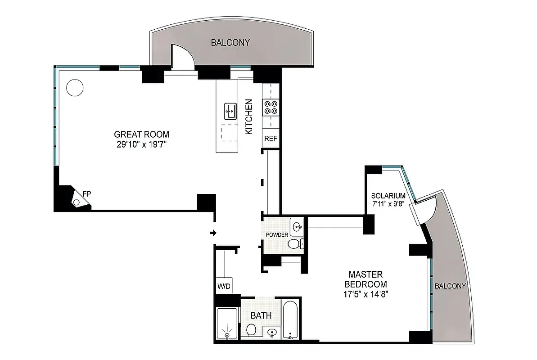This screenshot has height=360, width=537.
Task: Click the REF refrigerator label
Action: click(271, 139)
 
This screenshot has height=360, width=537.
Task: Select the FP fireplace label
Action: click(86, 194)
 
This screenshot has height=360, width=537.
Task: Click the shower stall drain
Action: click(227, 334)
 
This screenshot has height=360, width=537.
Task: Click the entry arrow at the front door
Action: click(213, 233)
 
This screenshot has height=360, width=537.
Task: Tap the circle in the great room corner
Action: click(74, 87)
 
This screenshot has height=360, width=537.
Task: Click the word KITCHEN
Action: click(248, 117)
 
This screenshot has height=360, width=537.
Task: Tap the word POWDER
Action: click(277, 235)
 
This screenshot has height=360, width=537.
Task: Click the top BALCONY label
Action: click(230, 43)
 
